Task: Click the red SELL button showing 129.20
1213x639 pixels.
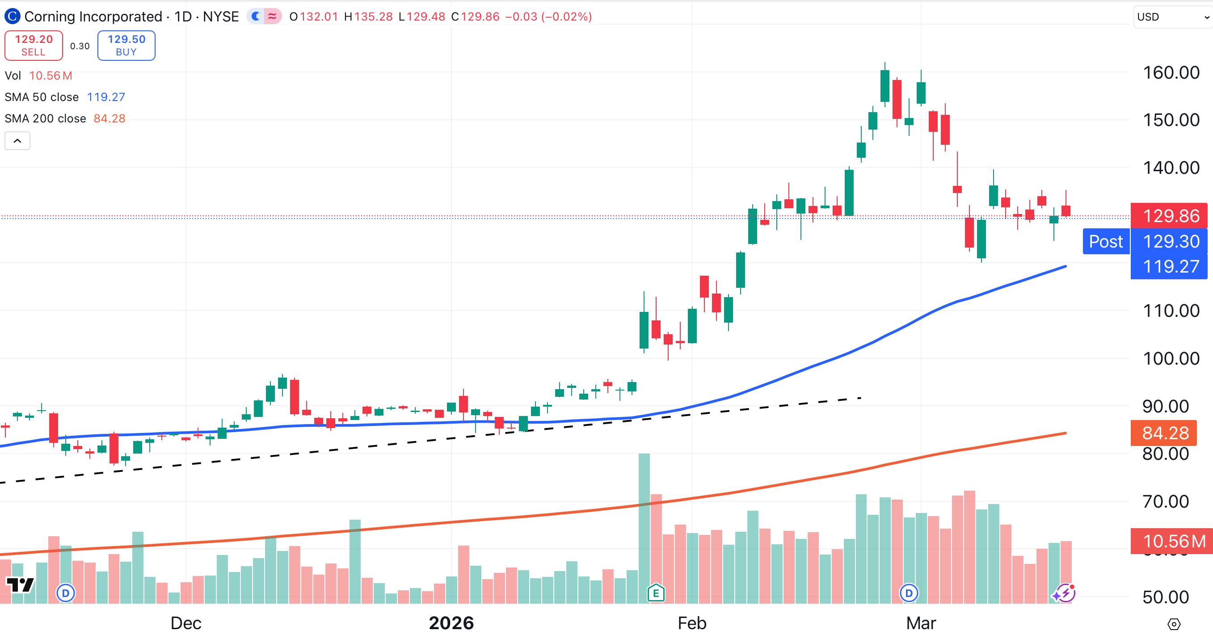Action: pyautogui.click(x=34, y=45)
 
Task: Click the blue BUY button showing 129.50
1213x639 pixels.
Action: pyautogui.click(x=126, y=45)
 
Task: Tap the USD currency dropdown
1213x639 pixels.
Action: pyautogui.click(x=1171, y=17)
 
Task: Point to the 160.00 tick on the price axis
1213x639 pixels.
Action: pyautogui.click(x=1171, y=72)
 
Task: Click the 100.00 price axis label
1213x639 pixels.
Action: pyautogui.click(x=1171, y=358)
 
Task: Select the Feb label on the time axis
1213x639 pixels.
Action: pyautogui.click(x=692, y=623)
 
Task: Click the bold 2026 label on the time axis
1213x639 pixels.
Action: pyautogui.click(x=451, y=623)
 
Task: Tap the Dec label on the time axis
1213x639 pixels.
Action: pyautogui.click(x=185, y=623)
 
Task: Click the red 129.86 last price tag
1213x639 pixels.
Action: pyautogui.click(x=1170, y=216)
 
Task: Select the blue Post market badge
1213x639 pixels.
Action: pyautogui.click(x=1106, y=242)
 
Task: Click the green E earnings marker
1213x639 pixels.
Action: pyautogui.click(x=656, y=593)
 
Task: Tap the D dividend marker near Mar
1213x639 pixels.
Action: pyautogui.click(x=909, y=593)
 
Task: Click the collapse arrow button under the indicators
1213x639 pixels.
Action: pyautogui.click(x=17, y=141)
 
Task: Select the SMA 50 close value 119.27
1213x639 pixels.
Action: pyautogui.click(x=106, y=97)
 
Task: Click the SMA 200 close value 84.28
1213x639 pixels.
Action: pyautogui.click(x=109, y=118)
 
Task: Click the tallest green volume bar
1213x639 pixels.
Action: pyautogui.click(x=644, y=527)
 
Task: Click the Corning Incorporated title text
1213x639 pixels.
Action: pyautogui.click(x=93, y=17)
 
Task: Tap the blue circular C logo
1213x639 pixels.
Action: pyautogui.click(x=12, y=17)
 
